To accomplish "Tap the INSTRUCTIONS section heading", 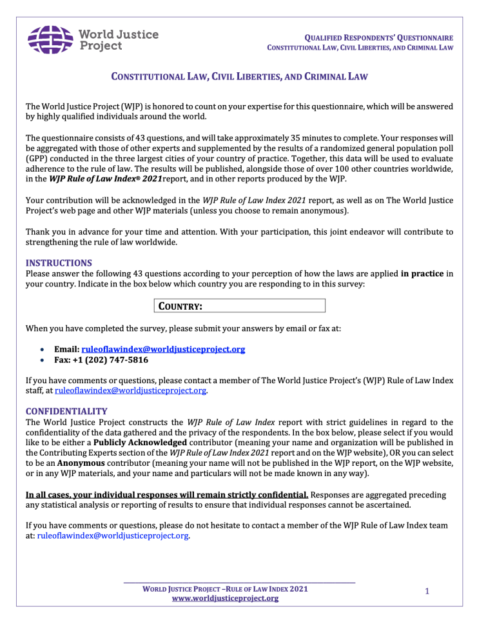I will coord(59,263).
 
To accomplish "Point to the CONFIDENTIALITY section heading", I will coord(66,410).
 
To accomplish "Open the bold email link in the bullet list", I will coord(163,349).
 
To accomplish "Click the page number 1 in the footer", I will coord(427,590).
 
